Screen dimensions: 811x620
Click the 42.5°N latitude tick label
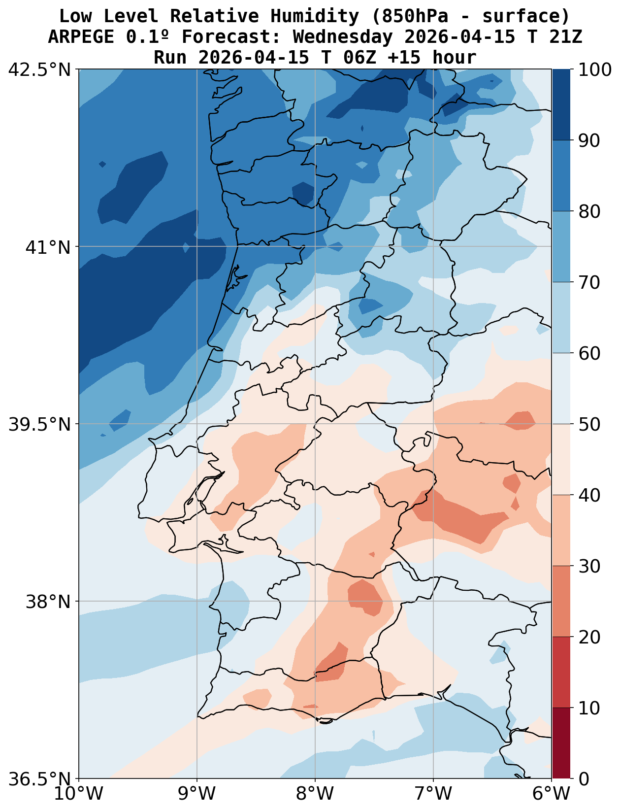[x=40, y=69]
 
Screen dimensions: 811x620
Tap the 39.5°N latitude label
[x=40, y=424]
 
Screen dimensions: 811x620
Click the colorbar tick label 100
[x=595, y=69]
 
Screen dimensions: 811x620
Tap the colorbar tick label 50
[x=589, y=424]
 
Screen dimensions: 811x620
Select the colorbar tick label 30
[x=589, y=566]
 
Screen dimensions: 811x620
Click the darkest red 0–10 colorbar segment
[x=561, y=743]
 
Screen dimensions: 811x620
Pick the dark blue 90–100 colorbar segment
[x=561, y=104]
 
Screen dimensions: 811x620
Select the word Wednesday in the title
[x=343, y=37]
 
